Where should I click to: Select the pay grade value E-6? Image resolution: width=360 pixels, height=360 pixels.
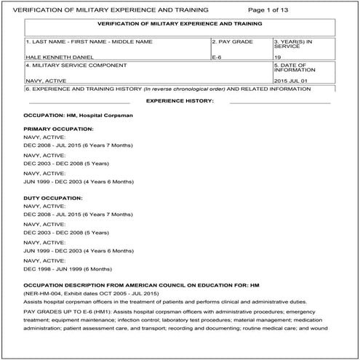[216, 56]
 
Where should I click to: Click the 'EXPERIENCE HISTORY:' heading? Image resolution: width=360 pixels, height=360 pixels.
[179, 100]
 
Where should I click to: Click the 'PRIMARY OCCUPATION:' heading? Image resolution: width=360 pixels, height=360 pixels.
[58, 129]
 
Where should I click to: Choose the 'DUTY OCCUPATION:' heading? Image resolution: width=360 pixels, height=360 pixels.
[53, 198]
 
